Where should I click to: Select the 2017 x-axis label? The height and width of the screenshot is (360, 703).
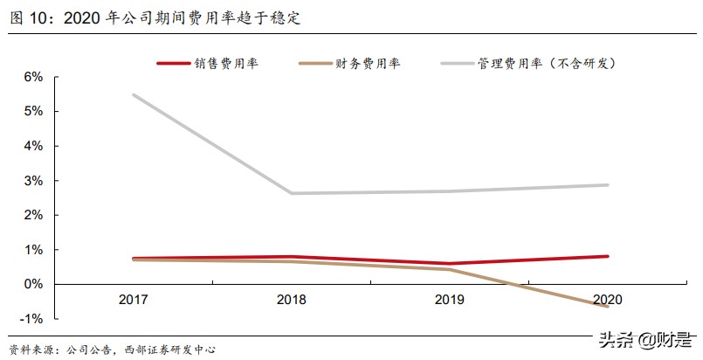134,301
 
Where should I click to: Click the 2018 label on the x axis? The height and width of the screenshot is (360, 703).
291,301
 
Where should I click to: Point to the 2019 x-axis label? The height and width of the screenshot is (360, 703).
450,301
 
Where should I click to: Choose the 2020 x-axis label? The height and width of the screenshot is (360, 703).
608,301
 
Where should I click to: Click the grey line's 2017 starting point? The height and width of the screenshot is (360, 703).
134,95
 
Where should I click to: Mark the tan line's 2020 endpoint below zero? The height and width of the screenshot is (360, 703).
608,307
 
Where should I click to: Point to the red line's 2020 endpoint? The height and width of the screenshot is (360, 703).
608,256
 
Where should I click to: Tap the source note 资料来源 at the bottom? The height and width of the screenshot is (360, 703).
113,350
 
